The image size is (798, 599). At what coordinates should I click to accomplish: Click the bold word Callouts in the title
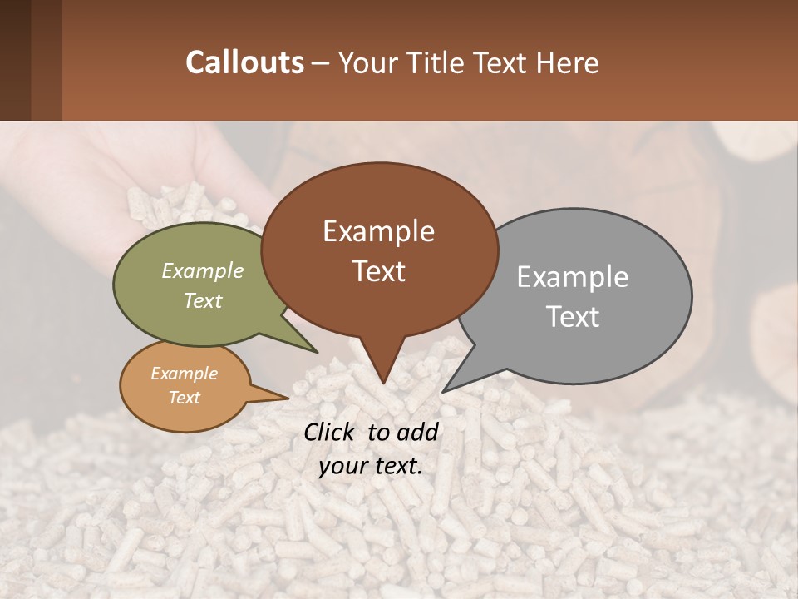[x=244, y=62]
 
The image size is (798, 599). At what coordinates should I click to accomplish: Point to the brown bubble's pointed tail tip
[x=383, y=383]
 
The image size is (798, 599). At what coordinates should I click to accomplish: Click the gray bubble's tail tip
[x=444, y=391]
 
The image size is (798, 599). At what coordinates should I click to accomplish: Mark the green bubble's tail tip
[x=317, y=353]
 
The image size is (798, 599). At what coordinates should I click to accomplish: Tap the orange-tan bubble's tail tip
[x=287, y=398]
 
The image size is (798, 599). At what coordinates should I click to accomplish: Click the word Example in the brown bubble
[x=378, y=231]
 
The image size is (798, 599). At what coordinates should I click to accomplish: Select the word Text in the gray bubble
[x=573, y=317]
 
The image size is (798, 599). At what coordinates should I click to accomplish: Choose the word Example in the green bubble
[x=203, y=271]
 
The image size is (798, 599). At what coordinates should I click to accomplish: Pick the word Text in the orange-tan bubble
[x=185, y=398]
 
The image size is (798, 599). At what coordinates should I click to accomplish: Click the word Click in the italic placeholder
[x=330, y=432]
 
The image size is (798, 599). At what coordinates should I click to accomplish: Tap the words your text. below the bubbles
[x=371, y=466]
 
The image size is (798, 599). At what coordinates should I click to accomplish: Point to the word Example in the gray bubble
[x=573, y=277]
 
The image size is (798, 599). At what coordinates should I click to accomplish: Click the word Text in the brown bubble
[x=378, y=271]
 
